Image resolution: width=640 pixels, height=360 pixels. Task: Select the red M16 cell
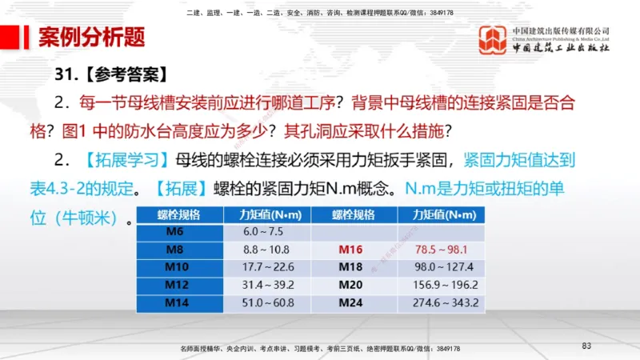coord(350,250)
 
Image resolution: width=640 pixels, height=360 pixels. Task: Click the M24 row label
coord(350,303)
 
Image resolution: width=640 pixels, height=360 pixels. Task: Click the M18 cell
coord(350,267)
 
